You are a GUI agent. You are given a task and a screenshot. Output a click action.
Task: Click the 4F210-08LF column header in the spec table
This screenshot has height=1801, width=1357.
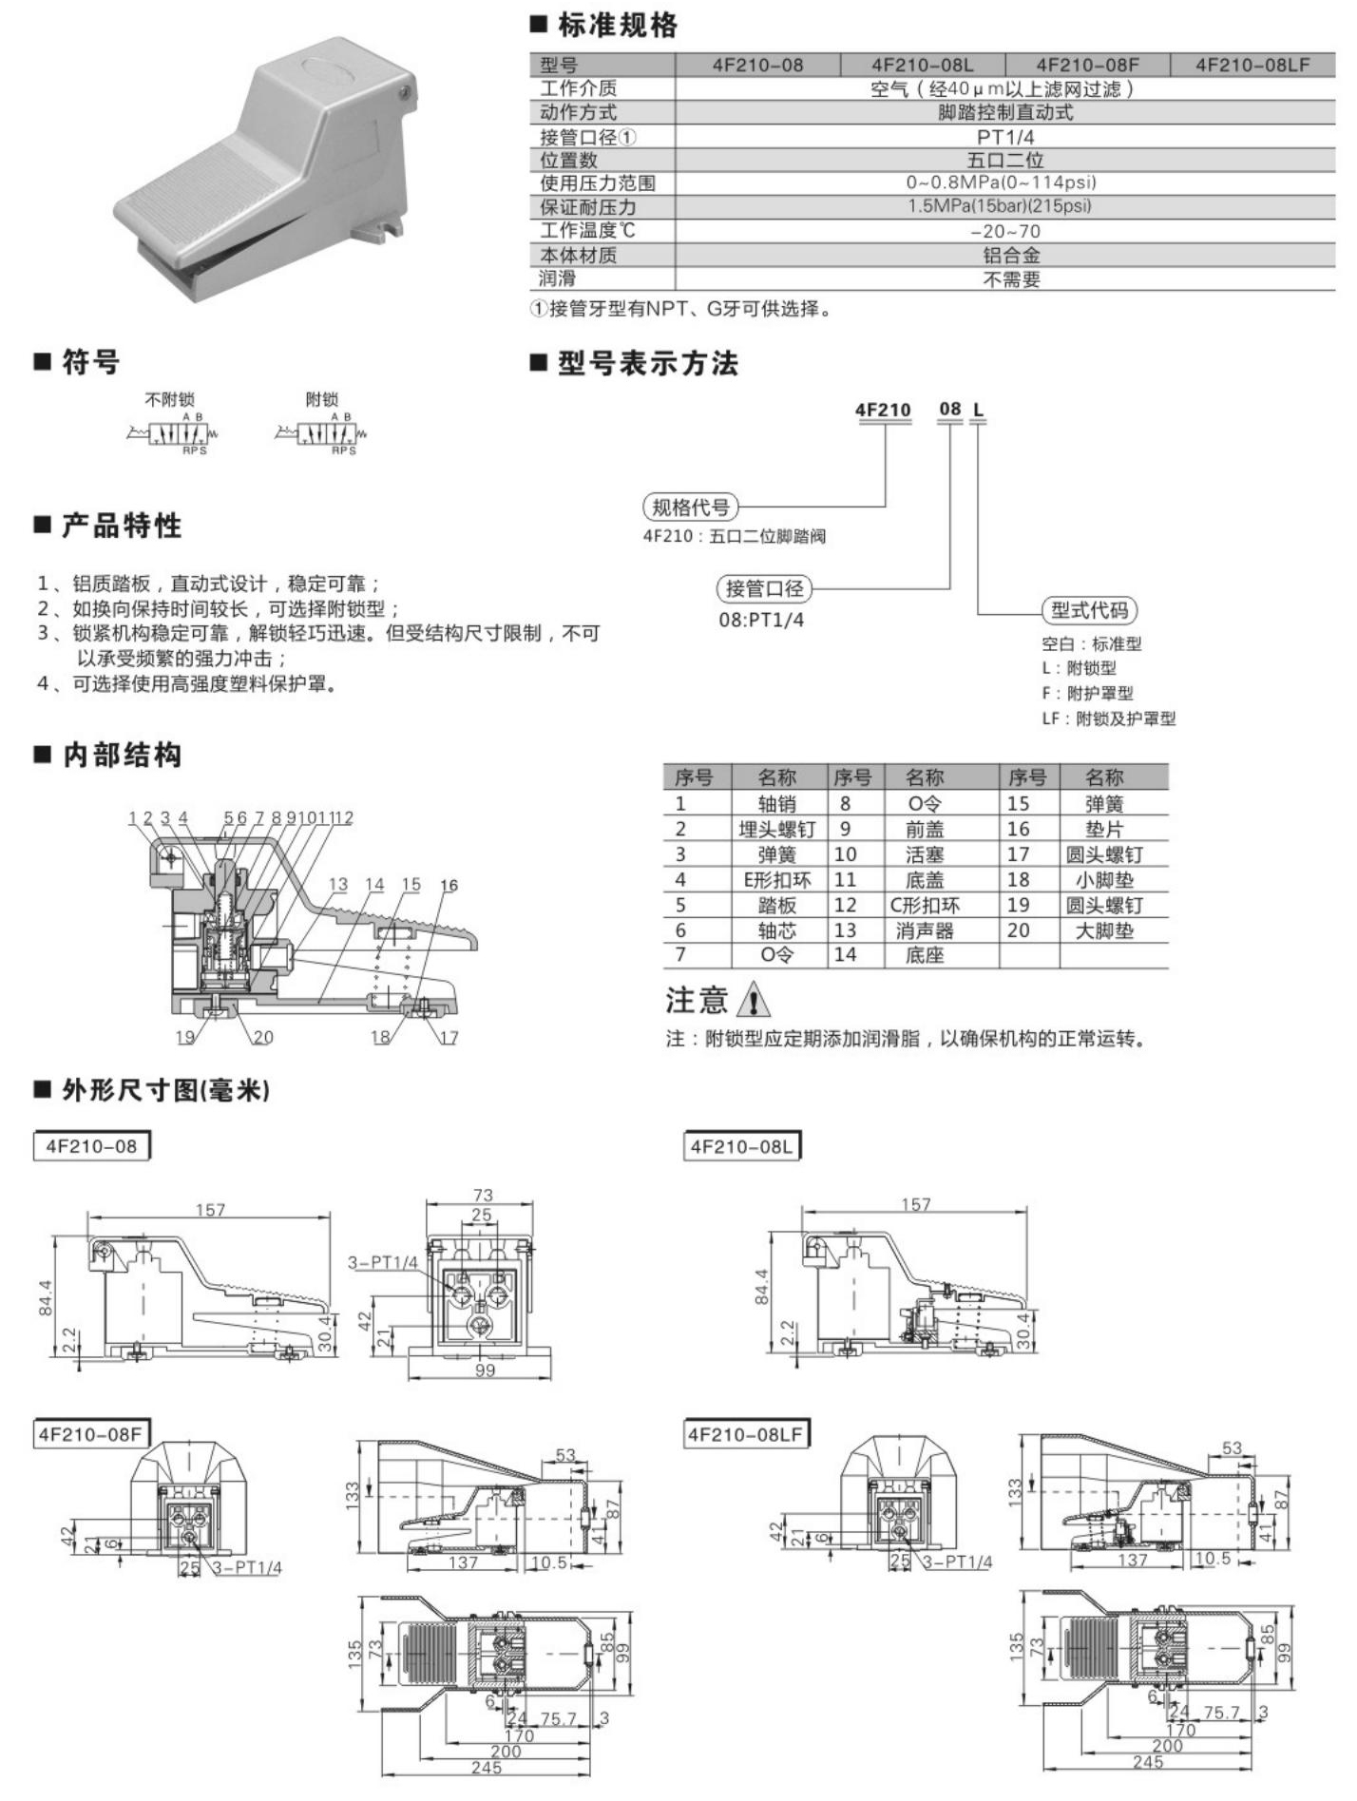click(1252, 65)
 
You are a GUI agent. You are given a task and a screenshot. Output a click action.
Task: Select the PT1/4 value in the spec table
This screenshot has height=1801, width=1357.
click(1005, 137)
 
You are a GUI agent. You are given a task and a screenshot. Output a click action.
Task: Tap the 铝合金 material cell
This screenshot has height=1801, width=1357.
click(1011, 255)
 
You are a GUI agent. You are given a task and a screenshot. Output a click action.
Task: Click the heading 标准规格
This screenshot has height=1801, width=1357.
click(617, 26)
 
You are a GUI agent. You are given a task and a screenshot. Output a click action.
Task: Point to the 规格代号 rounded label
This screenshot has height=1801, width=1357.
click(691, 508)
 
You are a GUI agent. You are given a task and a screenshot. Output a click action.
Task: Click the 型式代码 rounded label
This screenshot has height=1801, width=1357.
click(1089, 610)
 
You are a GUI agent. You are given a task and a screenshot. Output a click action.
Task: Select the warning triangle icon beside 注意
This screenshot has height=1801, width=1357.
click(755, 999)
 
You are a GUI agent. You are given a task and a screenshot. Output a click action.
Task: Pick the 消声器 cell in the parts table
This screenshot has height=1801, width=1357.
click(924, 930)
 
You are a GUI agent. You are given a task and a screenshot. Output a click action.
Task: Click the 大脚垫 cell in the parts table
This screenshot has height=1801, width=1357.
click(1104, 930)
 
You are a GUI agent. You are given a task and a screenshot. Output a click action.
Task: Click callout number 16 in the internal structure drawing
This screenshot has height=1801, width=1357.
click(449, 885)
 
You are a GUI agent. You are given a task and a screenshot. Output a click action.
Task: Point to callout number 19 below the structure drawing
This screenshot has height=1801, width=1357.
click(185, 1037)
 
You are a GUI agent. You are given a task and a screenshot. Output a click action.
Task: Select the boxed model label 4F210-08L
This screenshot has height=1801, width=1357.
click(741, 1146)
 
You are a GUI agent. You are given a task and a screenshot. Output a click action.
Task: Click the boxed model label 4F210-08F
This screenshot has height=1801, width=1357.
click(90, 1434)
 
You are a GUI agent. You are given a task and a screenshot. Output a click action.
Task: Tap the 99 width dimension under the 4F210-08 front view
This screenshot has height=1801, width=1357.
click(485, 1370)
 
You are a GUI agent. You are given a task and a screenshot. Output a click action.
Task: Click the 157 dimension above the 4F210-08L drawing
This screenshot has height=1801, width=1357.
click(915, 1204)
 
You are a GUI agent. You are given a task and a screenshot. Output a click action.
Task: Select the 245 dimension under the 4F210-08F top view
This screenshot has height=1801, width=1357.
click(485, 1767)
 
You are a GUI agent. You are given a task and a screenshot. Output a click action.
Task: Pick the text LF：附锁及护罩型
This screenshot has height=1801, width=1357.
click(1108, 718)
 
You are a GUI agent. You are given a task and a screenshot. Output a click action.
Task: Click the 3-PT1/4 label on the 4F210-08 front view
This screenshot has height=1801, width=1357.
click(383, 1262)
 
